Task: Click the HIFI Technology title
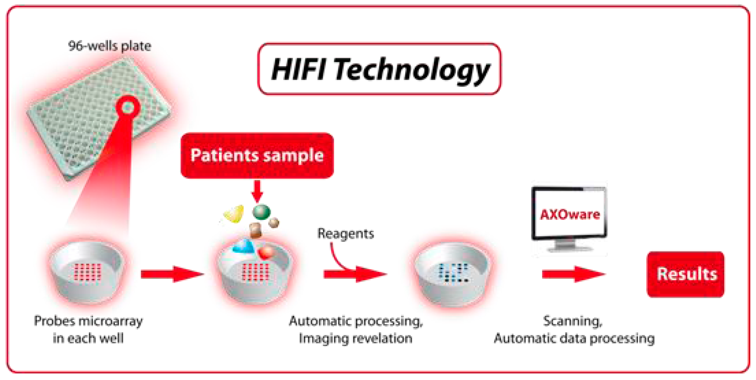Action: [379, 69]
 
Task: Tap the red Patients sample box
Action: [257, 156]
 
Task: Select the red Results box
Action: [686, 274]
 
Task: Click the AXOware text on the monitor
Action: [570, 214]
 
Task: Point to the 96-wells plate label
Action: [110, 46]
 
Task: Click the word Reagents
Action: [345, 234]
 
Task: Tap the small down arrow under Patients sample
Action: [257, 191]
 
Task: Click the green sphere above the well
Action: [261, 212]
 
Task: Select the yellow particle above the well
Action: [234, 214]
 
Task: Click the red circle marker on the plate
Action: [128, 107]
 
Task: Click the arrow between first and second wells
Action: [173, 274]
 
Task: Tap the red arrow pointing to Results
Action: [574, 274]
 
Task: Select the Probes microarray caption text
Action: [88, 330]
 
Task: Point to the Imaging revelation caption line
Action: [356, 339]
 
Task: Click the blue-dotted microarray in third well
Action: [453, 272]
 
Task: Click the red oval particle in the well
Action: [266, 252]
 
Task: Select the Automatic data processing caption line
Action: [574, 339]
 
